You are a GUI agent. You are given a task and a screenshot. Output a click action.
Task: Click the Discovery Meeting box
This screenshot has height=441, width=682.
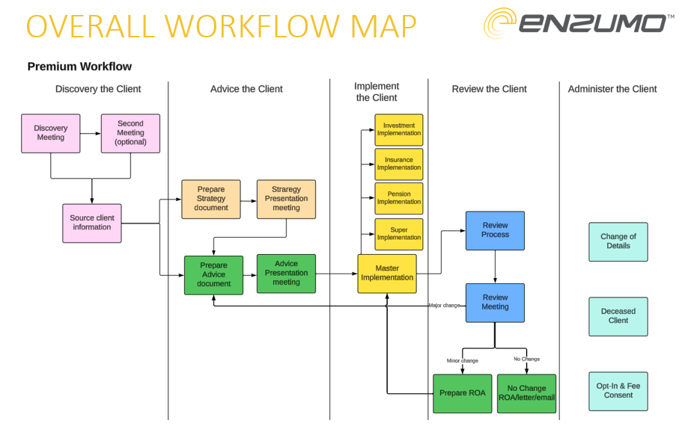(50, 133)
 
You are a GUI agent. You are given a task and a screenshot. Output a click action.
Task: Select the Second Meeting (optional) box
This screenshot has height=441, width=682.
(130, 133)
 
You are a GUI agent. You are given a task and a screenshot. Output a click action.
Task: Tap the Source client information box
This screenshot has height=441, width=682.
(91, 223)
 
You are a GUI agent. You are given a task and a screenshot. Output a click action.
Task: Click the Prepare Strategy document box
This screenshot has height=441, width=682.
(211, 199)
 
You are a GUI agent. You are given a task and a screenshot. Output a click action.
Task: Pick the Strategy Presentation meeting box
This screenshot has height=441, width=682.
(286, 199)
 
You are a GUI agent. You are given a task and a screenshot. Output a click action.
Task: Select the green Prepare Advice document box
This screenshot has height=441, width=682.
(213, 275)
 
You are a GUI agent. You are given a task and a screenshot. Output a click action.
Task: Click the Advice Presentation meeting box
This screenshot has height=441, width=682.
(286, 274)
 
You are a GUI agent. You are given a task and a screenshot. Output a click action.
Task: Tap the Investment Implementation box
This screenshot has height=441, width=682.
(398, 130)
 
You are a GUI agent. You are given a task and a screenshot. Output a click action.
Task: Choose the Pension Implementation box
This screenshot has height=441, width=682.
(398, 198)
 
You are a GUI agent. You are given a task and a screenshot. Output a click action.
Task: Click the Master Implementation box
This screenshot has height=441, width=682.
(386, 274)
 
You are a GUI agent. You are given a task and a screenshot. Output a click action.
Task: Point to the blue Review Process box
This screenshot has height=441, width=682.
(495, 230)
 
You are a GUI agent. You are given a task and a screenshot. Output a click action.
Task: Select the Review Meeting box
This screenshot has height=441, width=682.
(495, 302)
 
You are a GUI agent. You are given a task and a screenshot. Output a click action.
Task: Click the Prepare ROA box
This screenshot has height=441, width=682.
(462, 393)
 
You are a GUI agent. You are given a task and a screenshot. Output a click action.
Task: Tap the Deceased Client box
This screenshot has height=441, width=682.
(618, 316)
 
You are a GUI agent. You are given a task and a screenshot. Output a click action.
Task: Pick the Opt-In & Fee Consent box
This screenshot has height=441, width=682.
(618, 391)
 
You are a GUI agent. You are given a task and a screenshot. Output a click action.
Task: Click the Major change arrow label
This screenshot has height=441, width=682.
(444, 305)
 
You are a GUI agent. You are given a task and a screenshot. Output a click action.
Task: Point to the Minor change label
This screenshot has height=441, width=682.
(462, 360)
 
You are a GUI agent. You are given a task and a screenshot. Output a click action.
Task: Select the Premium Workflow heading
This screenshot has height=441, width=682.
(79, 67)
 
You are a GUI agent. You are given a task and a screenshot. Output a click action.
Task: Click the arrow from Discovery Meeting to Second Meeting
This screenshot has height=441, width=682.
(90, 133)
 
